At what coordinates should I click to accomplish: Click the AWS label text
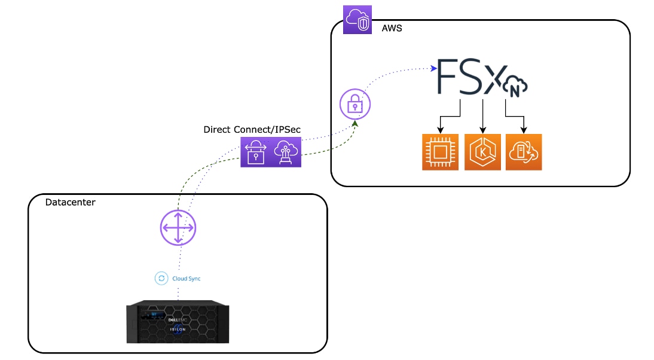tap(392, 28)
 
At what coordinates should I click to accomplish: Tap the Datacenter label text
tap(71, 203)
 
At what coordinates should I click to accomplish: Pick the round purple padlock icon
tap(355, 104)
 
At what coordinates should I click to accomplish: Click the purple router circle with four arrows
tap(178, 228)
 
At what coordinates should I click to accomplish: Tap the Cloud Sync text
tap(187, 278)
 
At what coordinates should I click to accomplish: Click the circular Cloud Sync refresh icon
tap(161, 278)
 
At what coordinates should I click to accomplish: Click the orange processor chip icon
tap(440, 152)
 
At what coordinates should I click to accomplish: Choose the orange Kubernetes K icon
tap(482, 152)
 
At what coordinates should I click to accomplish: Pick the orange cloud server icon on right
tap(524, 152)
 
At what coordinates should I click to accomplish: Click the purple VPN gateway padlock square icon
tap(256, 152)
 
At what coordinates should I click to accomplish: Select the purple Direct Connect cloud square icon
tap(285, 152)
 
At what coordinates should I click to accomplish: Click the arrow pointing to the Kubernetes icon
tap(482, 128)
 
